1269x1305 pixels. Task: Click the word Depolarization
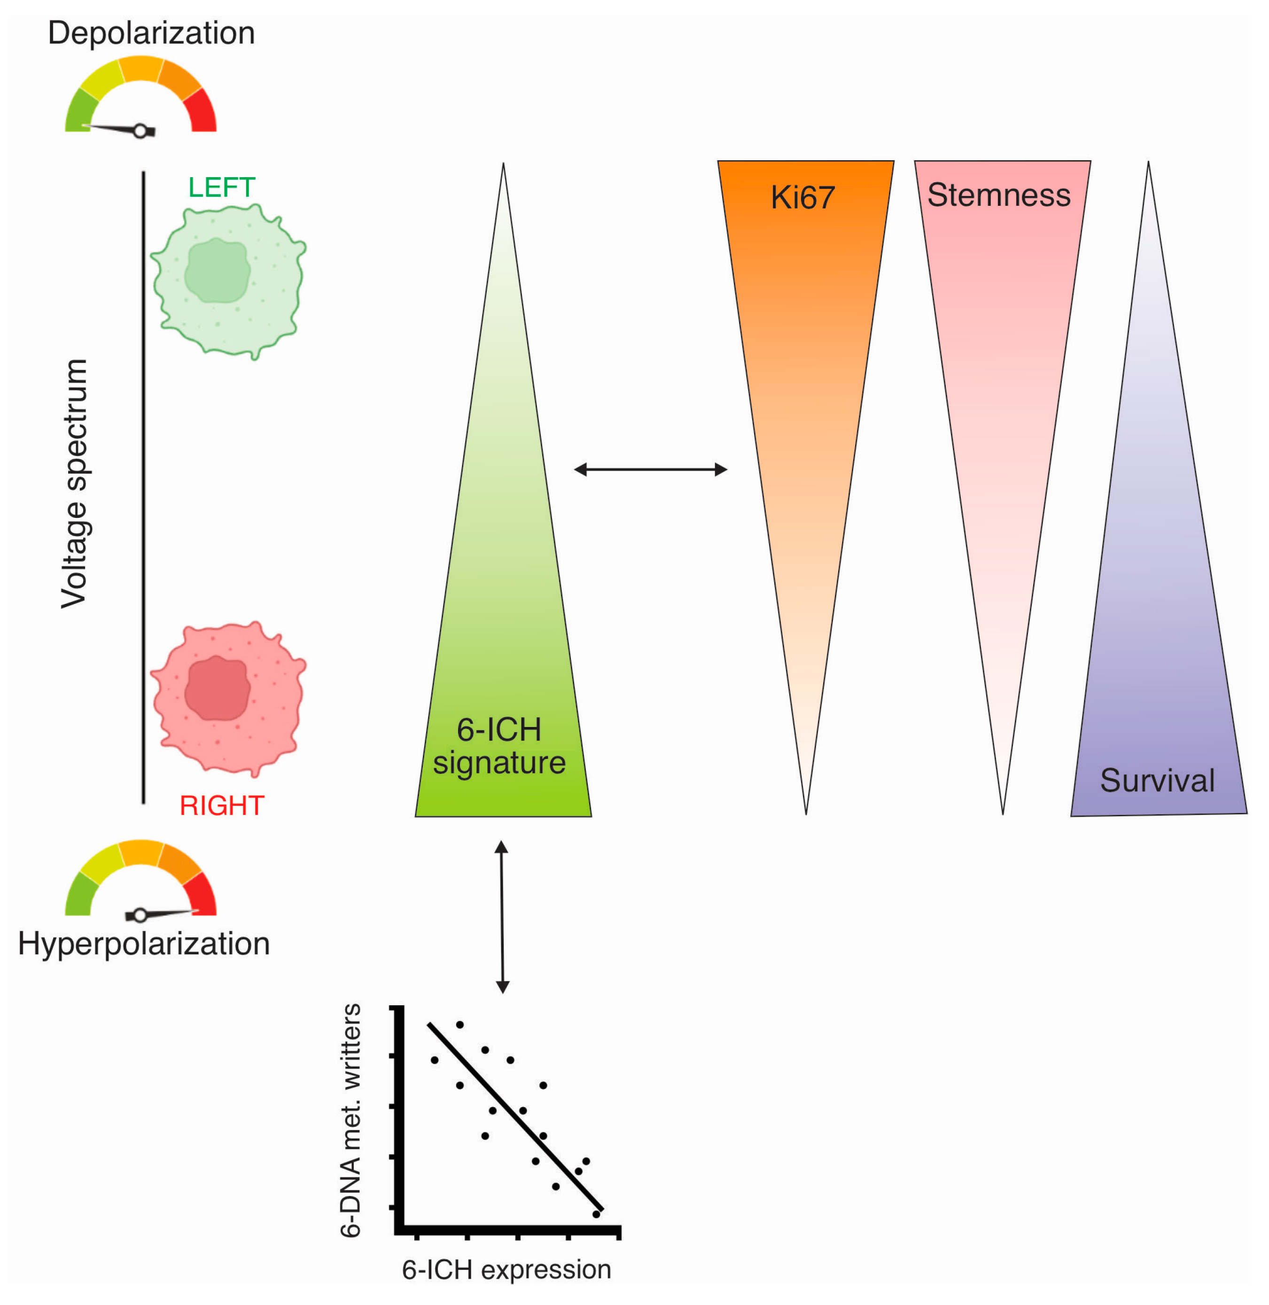151,33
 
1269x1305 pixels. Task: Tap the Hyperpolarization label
144,944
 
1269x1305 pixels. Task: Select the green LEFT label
222,188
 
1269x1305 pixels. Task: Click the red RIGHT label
222,806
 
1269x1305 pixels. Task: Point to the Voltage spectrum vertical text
75,483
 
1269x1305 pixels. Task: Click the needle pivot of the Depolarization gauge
140,131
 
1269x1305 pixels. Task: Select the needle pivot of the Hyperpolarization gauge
140,915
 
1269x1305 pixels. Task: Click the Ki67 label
803,197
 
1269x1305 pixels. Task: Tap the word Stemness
999,195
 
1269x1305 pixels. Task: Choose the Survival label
1158,781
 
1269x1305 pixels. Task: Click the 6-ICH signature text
499,746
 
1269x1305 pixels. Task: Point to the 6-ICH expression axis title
506,1270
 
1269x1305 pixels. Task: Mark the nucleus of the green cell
217,270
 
